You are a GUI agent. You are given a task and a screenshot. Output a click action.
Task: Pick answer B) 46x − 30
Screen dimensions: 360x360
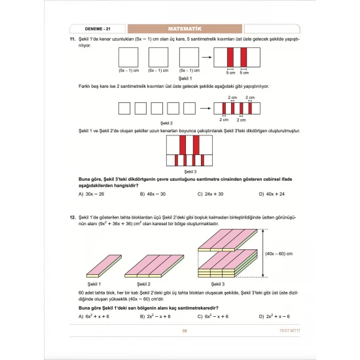pos(153,194)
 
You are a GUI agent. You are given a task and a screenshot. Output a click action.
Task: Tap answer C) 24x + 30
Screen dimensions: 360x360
pos(210,194)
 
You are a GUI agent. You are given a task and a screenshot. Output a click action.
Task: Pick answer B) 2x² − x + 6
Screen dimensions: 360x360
pos(155,316)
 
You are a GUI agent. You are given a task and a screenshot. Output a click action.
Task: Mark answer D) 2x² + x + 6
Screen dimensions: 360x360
pos(274,316)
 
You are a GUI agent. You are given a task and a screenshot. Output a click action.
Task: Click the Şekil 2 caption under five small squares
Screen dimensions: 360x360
pos(167,122)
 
